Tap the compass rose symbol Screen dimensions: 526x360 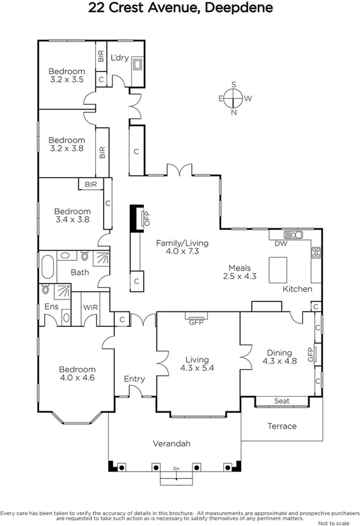[234, 98]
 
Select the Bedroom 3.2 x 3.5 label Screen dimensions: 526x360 [67, 76]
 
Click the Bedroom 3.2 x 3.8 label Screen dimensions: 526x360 [67, 145]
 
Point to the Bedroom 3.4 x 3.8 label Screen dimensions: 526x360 [72, 215]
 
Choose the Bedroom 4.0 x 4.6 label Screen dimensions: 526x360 [77, 374]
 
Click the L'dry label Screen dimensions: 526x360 [120, 58]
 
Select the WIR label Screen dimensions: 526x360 [91, 307]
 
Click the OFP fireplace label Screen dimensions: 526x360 [146, 218]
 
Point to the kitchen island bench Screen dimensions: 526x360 [278, 269]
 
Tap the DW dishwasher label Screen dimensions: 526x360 [280, 244]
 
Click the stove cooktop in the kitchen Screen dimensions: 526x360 [315, 253]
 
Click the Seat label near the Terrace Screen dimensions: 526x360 [282, 401]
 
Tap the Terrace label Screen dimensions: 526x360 [282, 426]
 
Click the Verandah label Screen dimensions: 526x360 [171, 443]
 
